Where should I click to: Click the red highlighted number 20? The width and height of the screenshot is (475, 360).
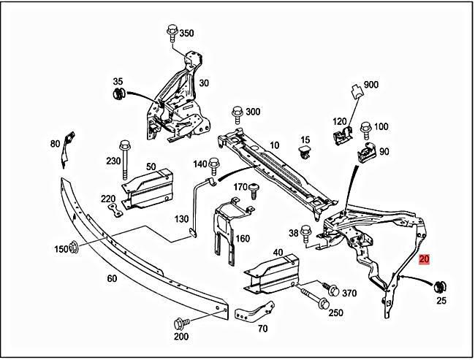[x=425, y=258]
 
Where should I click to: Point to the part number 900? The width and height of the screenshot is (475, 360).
[x=371, y=85]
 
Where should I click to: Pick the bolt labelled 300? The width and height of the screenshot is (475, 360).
[x=237, y=114]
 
